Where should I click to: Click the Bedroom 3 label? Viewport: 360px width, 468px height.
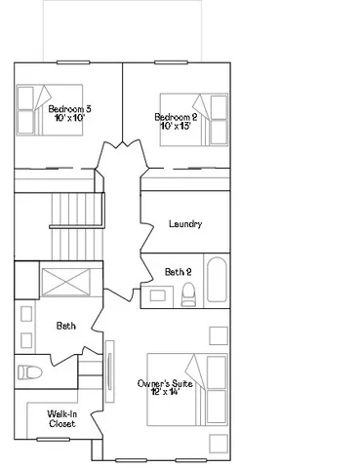click(x=69, y=108)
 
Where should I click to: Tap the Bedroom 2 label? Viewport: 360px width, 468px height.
click(x=177, y=117)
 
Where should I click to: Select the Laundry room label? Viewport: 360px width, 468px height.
click(x=185, y=224)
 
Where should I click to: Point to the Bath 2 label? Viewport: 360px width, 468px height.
click(x=178, y=272)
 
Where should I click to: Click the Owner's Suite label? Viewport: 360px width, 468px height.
click(x=165, y=383)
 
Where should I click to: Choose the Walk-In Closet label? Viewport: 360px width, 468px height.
click(x=61, y=419)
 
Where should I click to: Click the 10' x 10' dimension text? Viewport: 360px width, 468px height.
click(x=70, y=117)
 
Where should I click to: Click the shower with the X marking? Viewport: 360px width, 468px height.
click(x=65, y=281)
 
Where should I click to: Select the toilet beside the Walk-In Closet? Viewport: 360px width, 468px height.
click(x=30, y=372)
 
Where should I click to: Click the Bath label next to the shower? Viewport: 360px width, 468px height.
click(x=65, y=326)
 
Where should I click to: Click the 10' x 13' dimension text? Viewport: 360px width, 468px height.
click(x=177, y=126)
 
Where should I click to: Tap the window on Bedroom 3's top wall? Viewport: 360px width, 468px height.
click(x=73, y=62)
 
